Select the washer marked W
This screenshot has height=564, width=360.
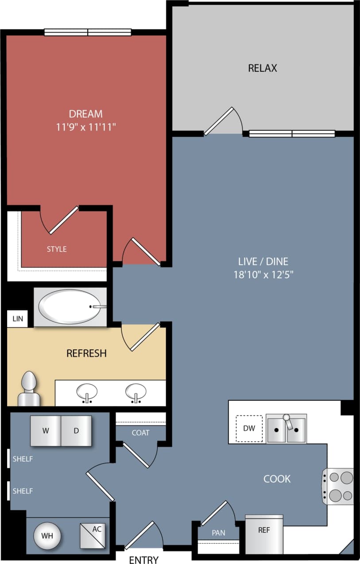click(x=45, y=430)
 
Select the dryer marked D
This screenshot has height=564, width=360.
click(x=76, y=430)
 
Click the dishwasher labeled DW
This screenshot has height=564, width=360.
click(x=249, y=428)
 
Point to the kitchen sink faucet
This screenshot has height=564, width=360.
click(x=288, y=421)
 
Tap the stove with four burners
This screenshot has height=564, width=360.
click(x=339, y=486)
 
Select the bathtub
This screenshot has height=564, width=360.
click(x=71, y=307)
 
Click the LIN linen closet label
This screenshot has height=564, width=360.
click(x=17, y=319)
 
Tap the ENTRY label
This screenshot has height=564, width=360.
click(x=143, y=560)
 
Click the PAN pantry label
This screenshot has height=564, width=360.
click(x=218, y=533)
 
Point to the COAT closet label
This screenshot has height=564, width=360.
click(x=140, y=433)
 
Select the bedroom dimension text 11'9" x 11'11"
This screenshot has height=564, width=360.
click(x=86, y=127)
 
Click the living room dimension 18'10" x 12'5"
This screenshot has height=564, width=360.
click(x=264, y=274)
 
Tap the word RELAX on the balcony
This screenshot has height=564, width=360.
click(x=263, y=68)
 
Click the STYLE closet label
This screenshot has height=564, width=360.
click(x=57, y=249)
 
